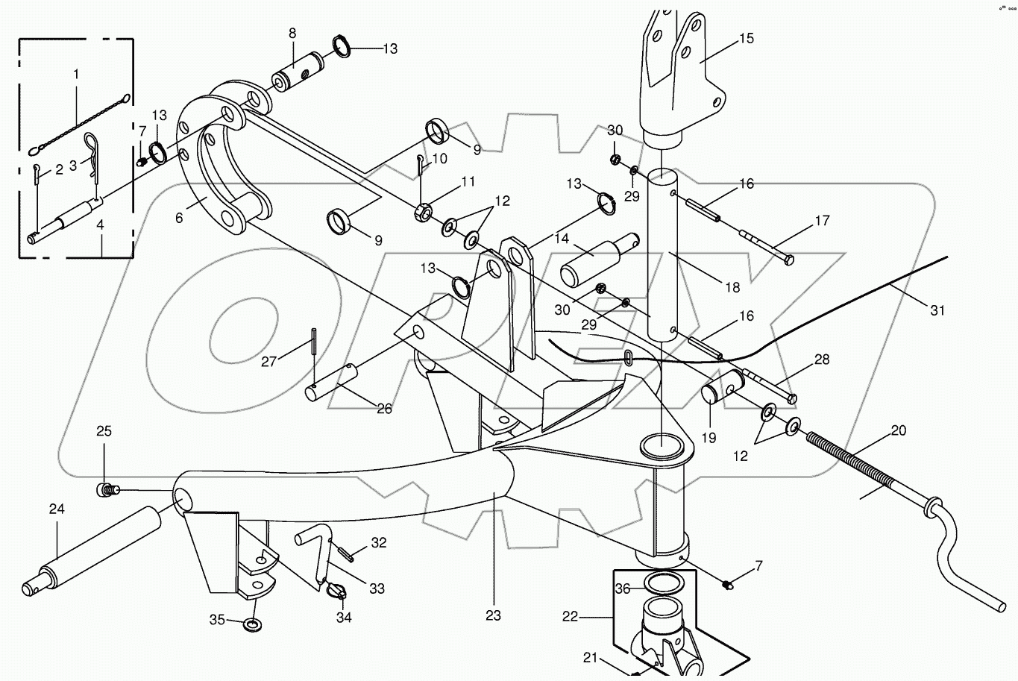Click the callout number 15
[x=746, y=39]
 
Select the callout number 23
[x=493, y=615]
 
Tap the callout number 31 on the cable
[x=937, y=310]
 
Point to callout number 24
[x=57, y=509]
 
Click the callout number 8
[x=292, y=33]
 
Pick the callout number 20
[x=899, y=430]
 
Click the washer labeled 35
[x=253, y=623]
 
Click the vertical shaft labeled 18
[x=661, y=254]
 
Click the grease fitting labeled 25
[x=106, y=490]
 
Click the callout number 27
[x=268, y=362]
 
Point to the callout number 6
[x=179, y=218]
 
